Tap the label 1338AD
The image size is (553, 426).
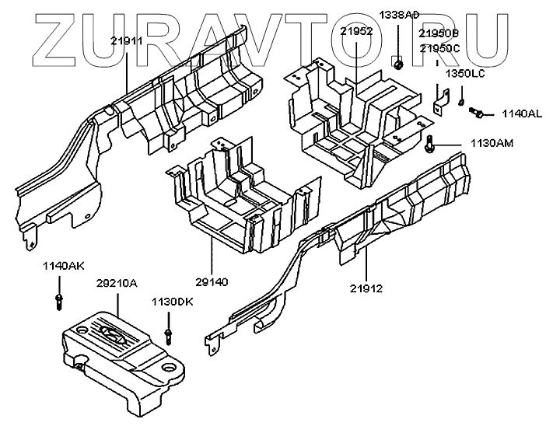tap(400, 16)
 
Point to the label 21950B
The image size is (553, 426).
tap(439, 35)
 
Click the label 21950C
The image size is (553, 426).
tap(439, 48)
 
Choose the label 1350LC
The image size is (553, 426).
tap(464, 73)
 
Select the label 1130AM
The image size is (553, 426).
tap(492, 143)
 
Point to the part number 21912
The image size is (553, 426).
tap(366, 288)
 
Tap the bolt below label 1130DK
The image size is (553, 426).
tap(168, 335)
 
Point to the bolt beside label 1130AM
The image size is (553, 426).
tap(431, 143)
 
